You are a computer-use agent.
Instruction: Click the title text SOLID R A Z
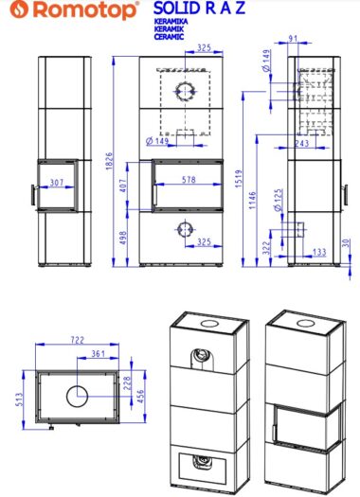(200, 8)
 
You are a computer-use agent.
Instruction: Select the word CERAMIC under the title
(169, 37)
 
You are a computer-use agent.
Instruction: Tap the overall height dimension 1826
(109, 161)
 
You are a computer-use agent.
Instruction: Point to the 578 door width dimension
(189, 180)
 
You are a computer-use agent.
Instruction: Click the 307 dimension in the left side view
(57, 183)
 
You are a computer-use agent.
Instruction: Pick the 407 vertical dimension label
(123, 186)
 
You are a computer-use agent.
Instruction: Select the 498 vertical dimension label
(123, 238)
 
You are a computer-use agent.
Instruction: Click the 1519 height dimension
(239, 179)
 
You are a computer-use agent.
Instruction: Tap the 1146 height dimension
(253, 200)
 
